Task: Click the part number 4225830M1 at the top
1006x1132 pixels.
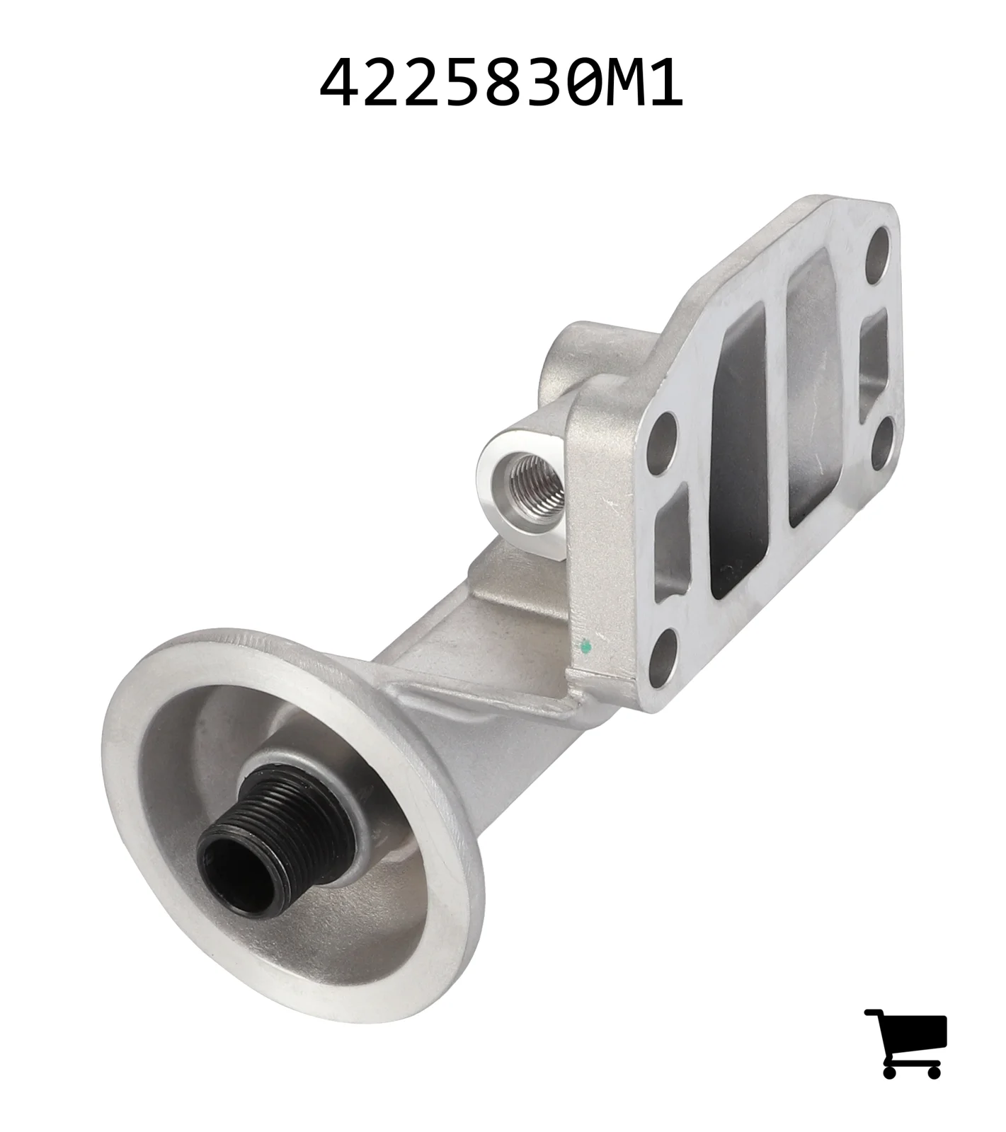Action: tap(501, 83)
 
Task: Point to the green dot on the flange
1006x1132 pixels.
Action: tap(585, 645)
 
